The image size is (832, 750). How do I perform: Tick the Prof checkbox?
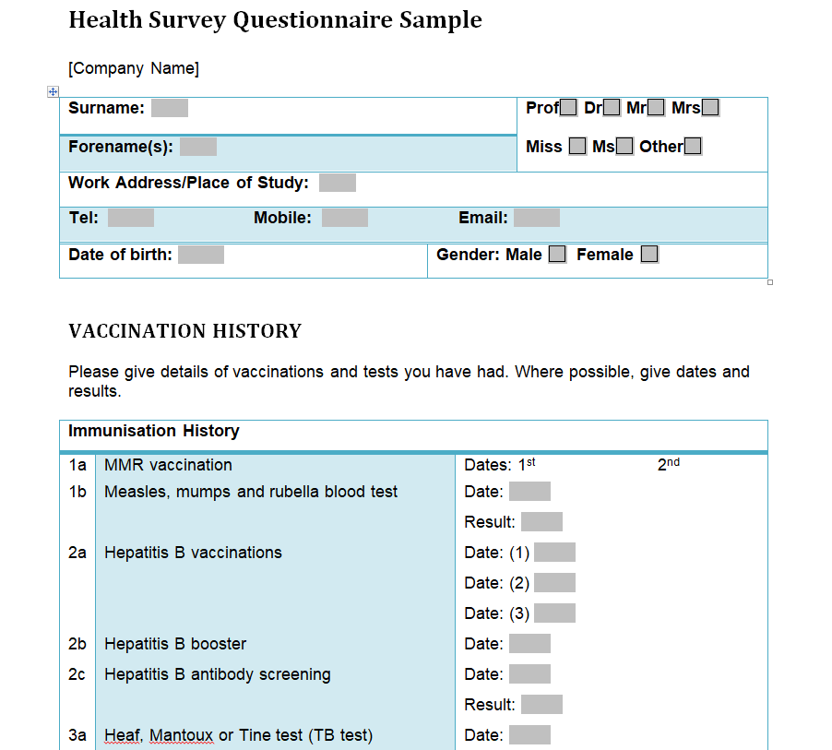(x=569, y=108)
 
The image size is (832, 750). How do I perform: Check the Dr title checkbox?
(x=612, y=108)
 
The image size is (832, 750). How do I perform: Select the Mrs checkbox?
(x=710, y=108)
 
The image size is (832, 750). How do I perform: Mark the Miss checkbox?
(x=577, y=146)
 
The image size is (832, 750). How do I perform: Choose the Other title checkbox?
(x=693, y=146)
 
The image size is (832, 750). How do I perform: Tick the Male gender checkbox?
(x=557, y=255)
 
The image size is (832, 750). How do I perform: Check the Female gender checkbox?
(x=649, y=255)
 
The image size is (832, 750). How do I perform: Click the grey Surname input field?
(x=170, y=108)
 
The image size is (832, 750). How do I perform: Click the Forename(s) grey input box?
(x=198, y=147)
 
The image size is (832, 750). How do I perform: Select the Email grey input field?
(x=537, y=218)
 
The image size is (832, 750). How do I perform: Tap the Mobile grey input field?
(x=345, y=218)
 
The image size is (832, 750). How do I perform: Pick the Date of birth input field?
(x=201, y=255)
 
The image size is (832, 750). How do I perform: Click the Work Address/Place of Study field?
(x=338, y=183)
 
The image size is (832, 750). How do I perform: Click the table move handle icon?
(x=53, y=91)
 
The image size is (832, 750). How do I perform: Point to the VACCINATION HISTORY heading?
(x=185, y=331)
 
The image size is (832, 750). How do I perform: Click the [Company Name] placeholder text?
(x=134, y=68)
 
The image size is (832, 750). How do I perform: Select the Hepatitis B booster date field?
(x=529, y=644)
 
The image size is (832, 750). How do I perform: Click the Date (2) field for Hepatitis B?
(x=554, y=583)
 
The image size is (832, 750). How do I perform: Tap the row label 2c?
(x=77, y=674)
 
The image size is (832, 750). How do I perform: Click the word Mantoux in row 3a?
(x=181, y=735)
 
